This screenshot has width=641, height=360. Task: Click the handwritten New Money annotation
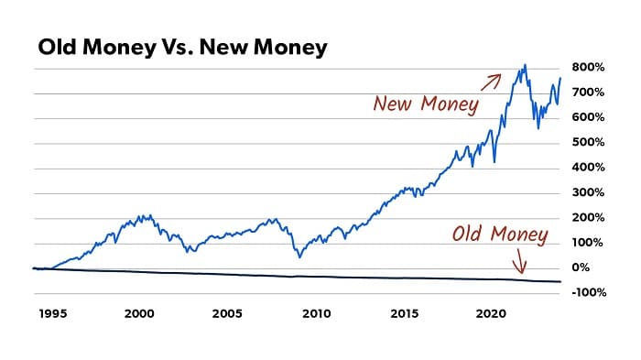point(425,104)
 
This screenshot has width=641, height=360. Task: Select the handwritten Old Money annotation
point(499,235)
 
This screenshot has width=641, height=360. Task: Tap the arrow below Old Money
point(519,263)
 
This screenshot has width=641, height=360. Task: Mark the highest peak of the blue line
point(525,65)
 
